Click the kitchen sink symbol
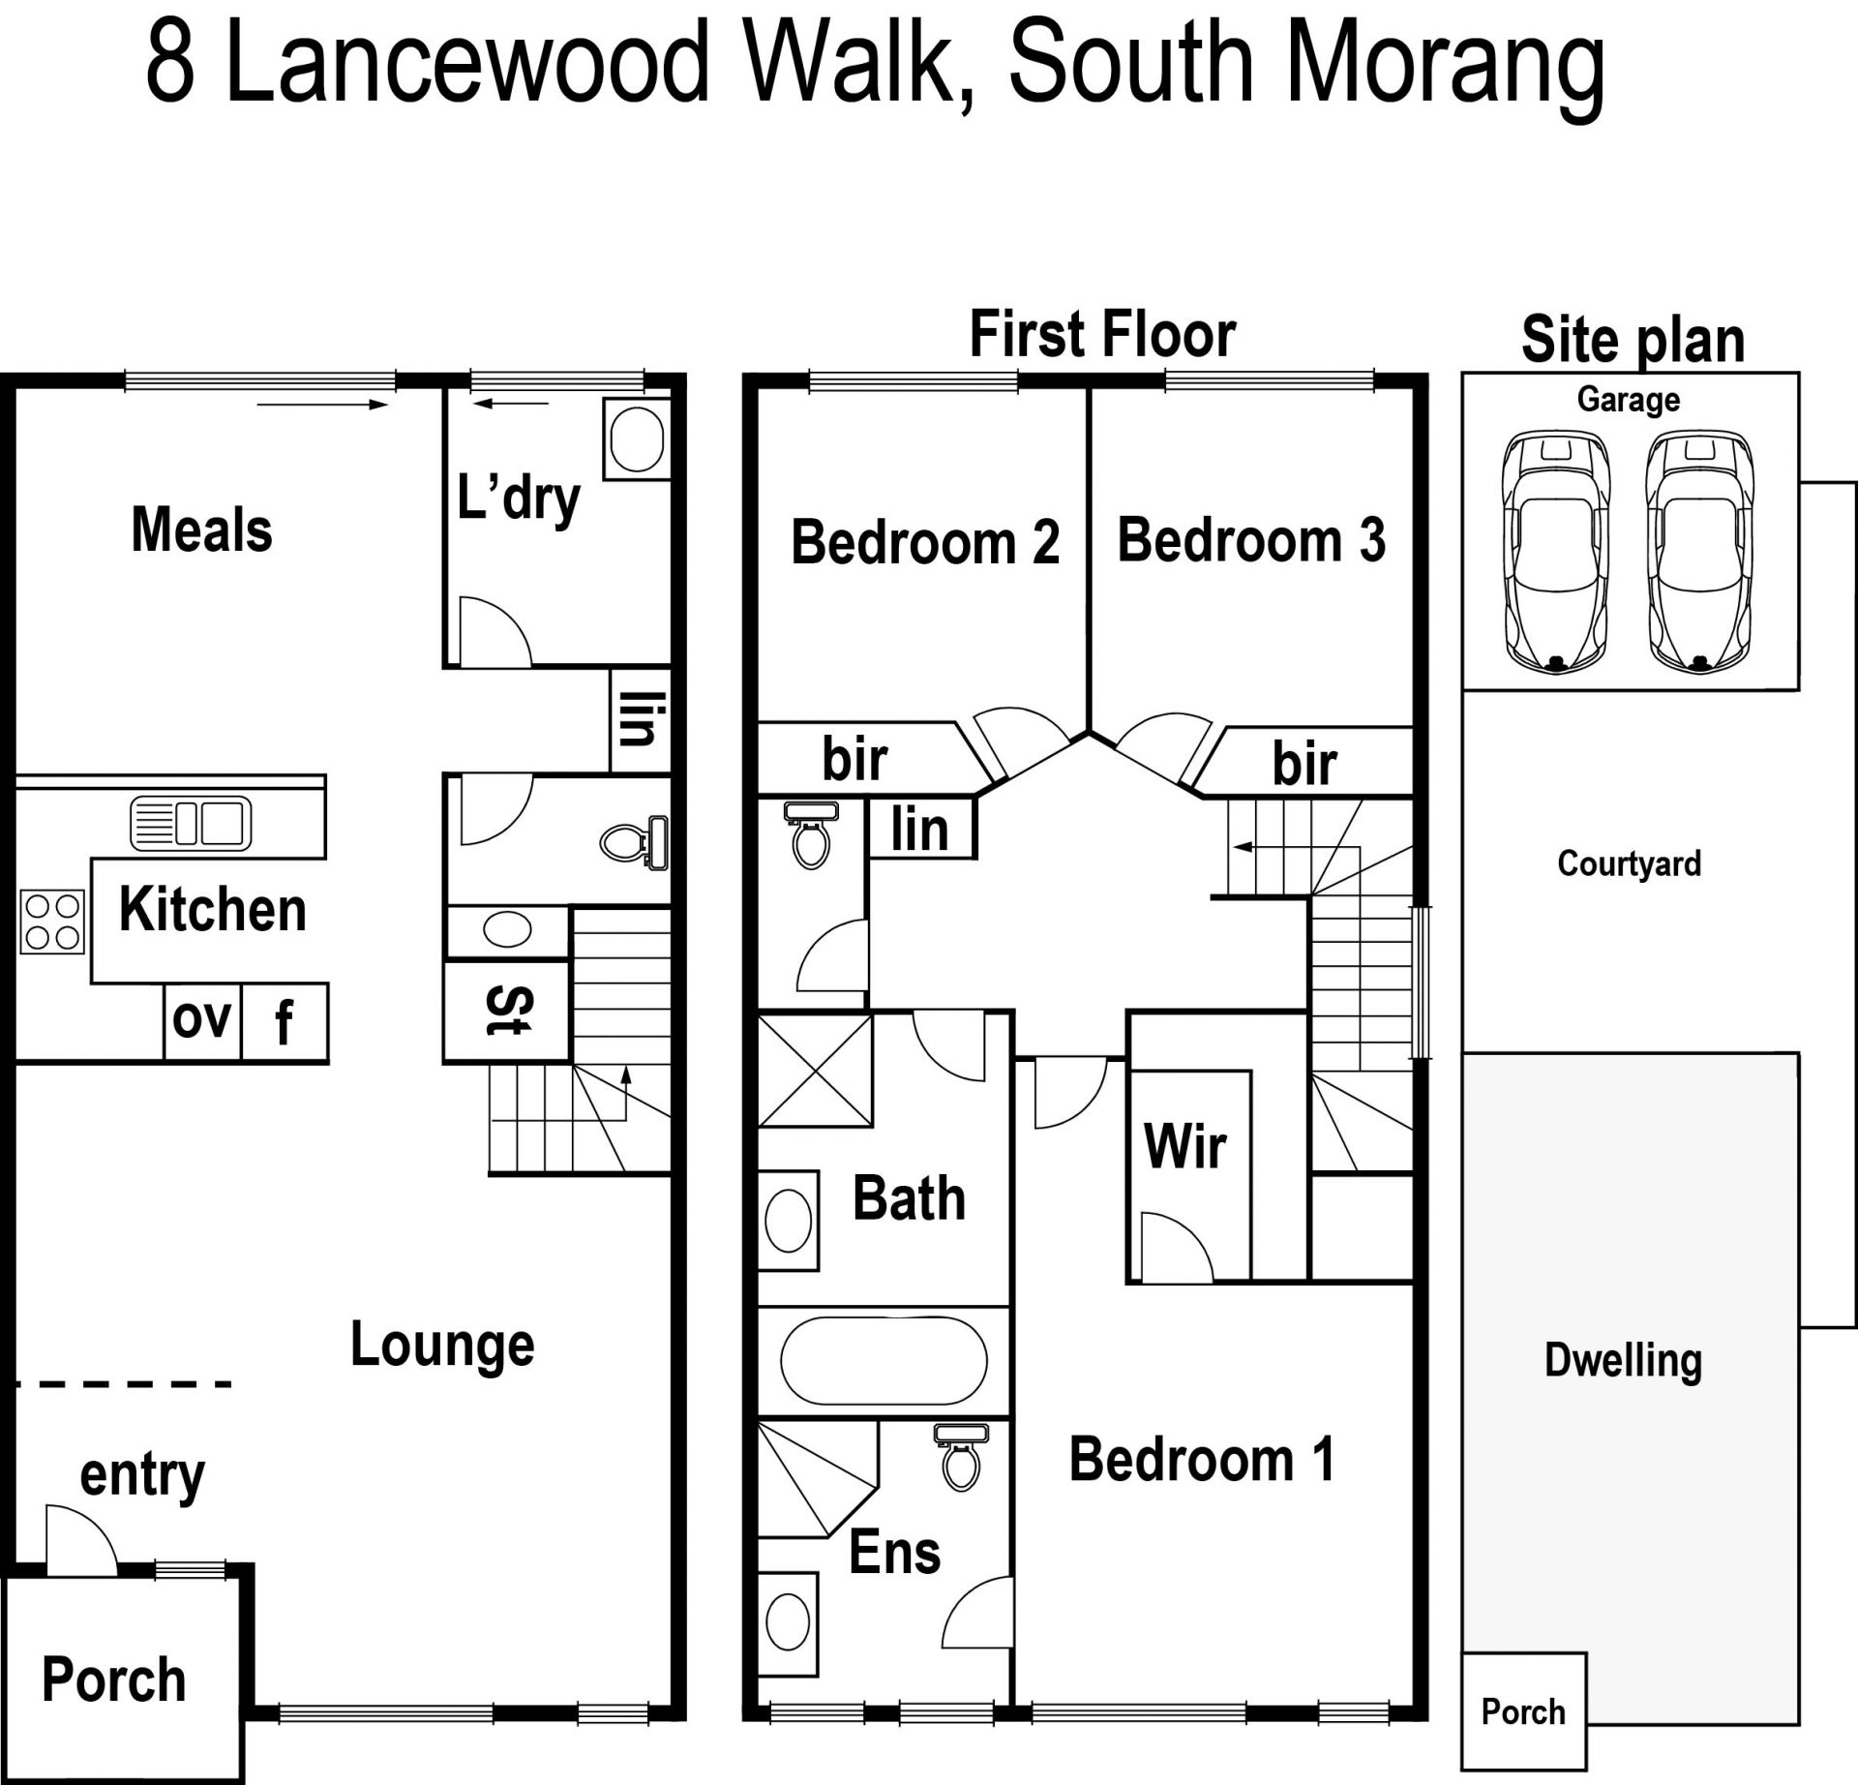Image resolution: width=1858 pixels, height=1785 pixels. click(191, 824)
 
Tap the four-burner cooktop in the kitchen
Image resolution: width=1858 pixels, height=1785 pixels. click(53, 922)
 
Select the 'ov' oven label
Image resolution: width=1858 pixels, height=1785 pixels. click(201, 1018)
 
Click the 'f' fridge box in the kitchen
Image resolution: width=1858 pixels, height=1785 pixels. click(285, 1022)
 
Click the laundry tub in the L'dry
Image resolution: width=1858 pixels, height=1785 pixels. click(637, 439)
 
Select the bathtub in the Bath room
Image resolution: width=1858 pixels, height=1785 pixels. click(884, 1360)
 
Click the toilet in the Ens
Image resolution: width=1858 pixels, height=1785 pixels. click(961, 1456)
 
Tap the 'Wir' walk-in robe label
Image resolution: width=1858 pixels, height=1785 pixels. click(1184, 1146)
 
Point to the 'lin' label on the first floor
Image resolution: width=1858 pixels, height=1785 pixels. click(919, 830)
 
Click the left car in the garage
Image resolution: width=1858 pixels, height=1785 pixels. click(1556, 552)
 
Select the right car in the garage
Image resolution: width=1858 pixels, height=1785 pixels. click(1700, 552)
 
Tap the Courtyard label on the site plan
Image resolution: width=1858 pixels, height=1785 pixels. click(1629, 862)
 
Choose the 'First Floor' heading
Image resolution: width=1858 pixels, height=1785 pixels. click(1102, 334)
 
